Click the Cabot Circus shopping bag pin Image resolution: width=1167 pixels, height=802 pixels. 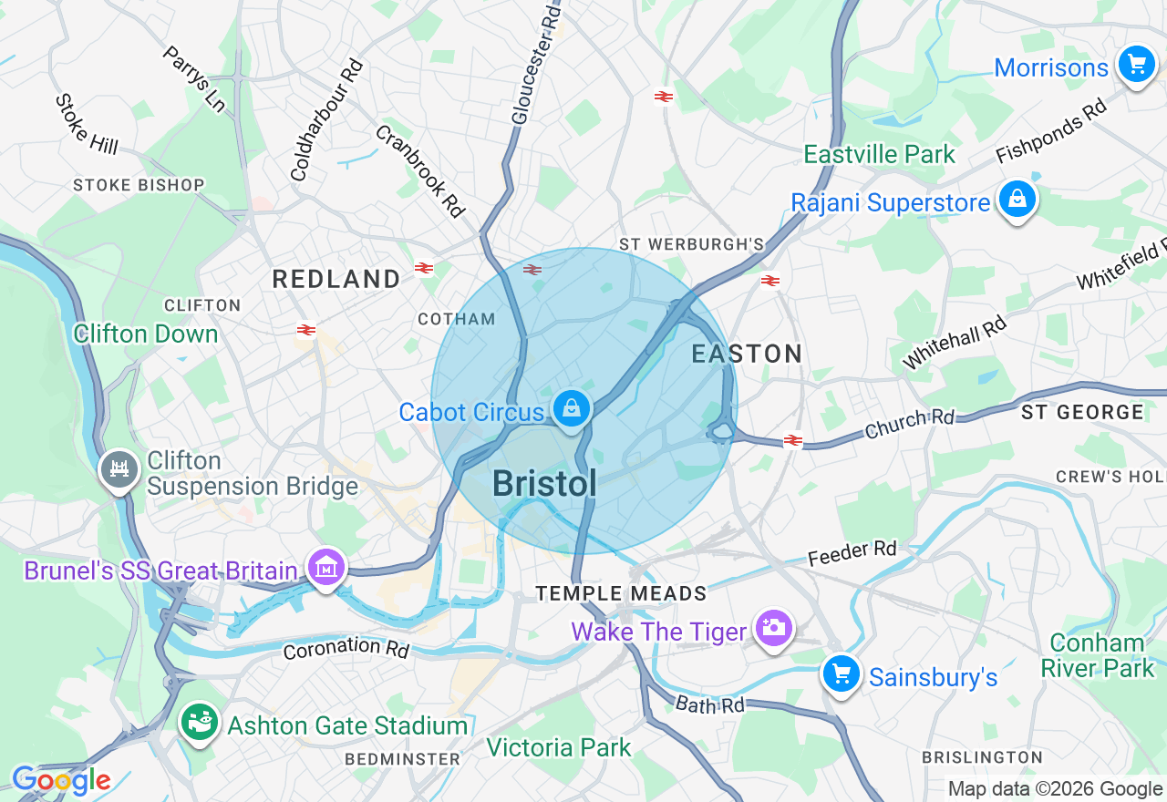click(571, 408)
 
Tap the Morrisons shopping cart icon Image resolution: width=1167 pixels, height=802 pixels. click(1136, 65)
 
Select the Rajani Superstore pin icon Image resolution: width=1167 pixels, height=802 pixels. click(1017, 200)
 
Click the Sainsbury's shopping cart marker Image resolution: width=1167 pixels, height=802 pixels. click(841, 675)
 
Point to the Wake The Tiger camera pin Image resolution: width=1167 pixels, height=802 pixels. click(773, 628)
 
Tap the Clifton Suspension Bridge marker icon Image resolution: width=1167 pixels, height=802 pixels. click(119, 470)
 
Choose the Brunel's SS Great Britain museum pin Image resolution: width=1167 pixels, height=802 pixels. click(325, 568)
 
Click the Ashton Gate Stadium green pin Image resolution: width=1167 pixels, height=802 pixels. click(199, 723)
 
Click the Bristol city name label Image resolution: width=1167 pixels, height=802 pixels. click(544, 484)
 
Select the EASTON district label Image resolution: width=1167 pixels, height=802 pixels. click(747, 354)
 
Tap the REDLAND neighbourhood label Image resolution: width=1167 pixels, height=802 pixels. click(336, 280)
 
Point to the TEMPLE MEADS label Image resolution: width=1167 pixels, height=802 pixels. click(621, 594)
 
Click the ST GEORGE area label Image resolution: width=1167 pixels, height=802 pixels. click(1081, 413)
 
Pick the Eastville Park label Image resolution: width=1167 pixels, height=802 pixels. click(879, 154)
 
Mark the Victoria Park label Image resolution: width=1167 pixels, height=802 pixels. click(558, 748)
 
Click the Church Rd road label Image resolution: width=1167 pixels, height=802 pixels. click(909, 422)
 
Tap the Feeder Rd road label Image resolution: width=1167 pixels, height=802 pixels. click(852, 553)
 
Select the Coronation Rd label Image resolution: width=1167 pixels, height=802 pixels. click(346, 648)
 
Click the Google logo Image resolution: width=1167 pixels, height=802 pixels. click(61, 780)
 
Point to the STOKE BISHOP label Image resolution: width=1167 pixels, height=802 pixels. click(139, 185)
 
